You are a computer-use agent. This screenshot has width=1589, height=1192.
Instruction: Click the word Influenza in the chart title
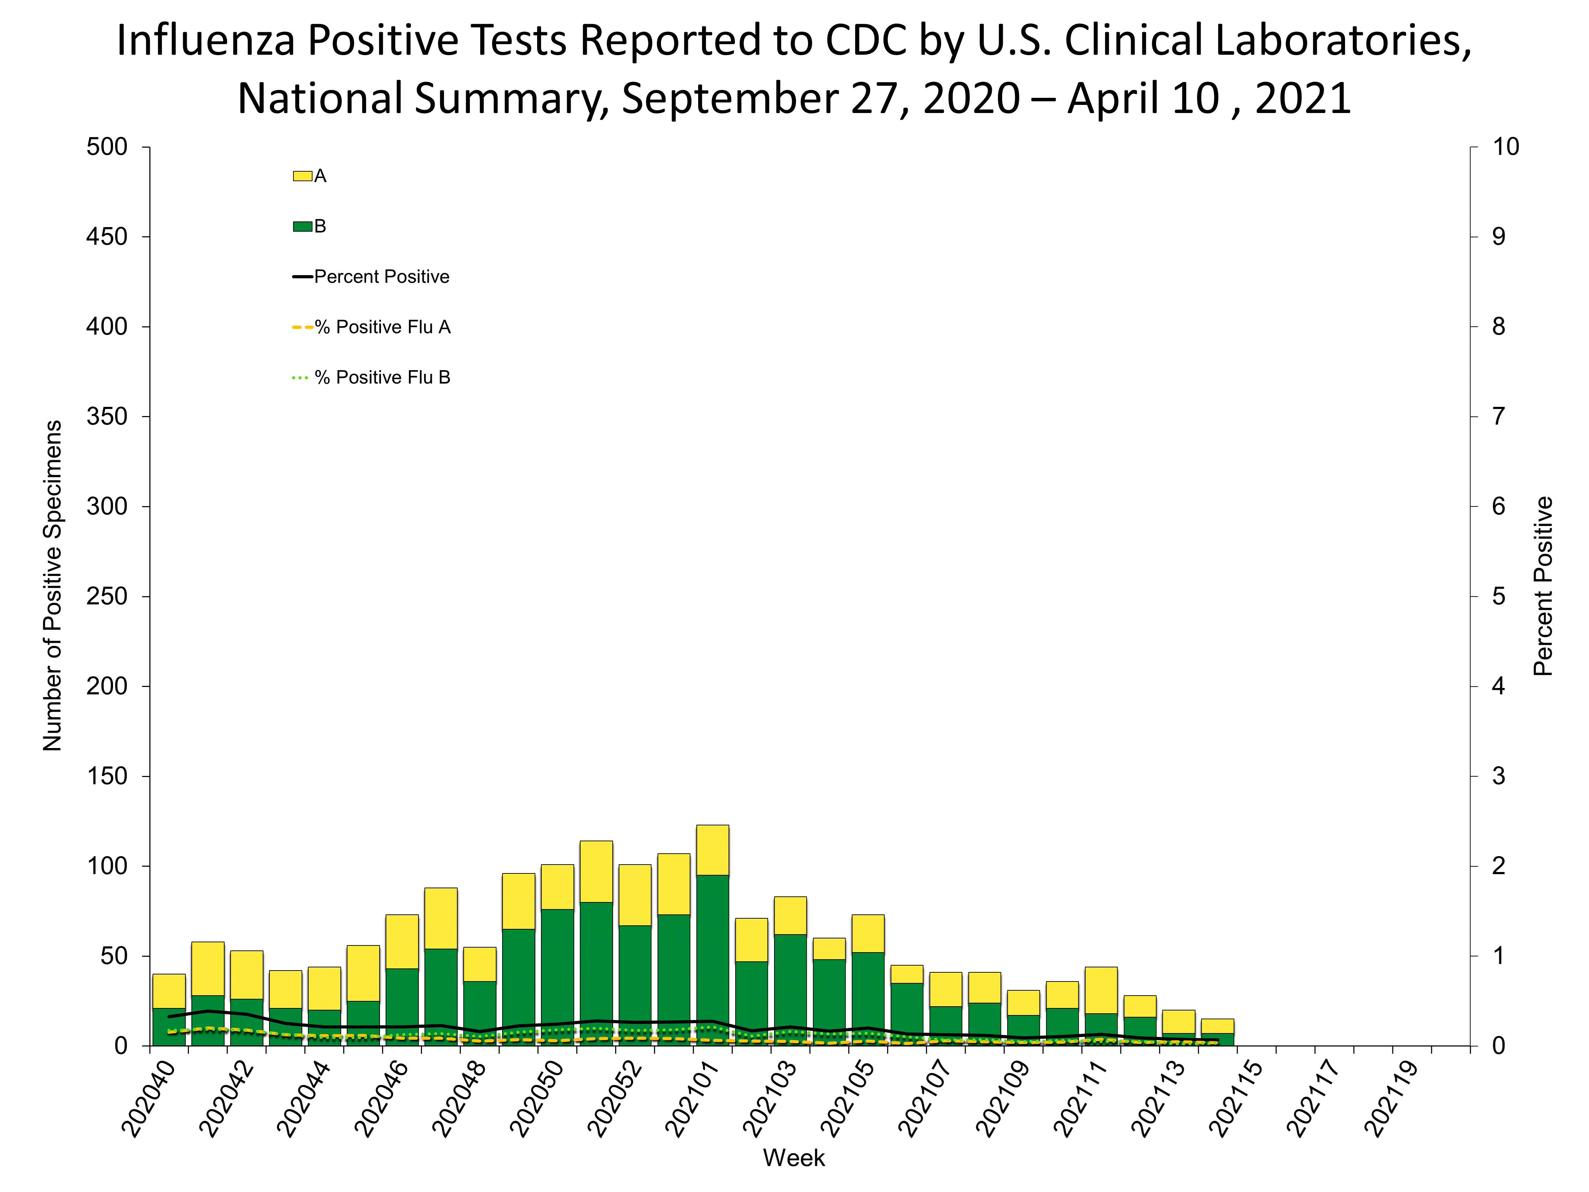click(x=205, y=41)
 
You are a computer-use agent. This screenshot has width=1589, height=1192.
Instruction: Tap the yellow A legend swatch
click(x=302, y=176)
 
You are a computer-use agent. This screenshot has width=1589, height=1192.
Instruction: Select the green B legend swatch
click(x=302, y=226)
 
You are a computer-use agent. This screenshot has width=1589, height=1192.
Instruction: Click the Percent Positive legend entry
click(x=381, y=277)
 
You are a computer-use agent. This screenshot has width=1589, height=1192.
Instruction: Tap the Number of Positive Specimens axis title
click(x=53, y=586)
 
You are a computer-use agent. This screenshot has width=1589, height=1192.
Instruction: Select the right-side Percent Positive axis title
click(x=1542, y=586)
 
